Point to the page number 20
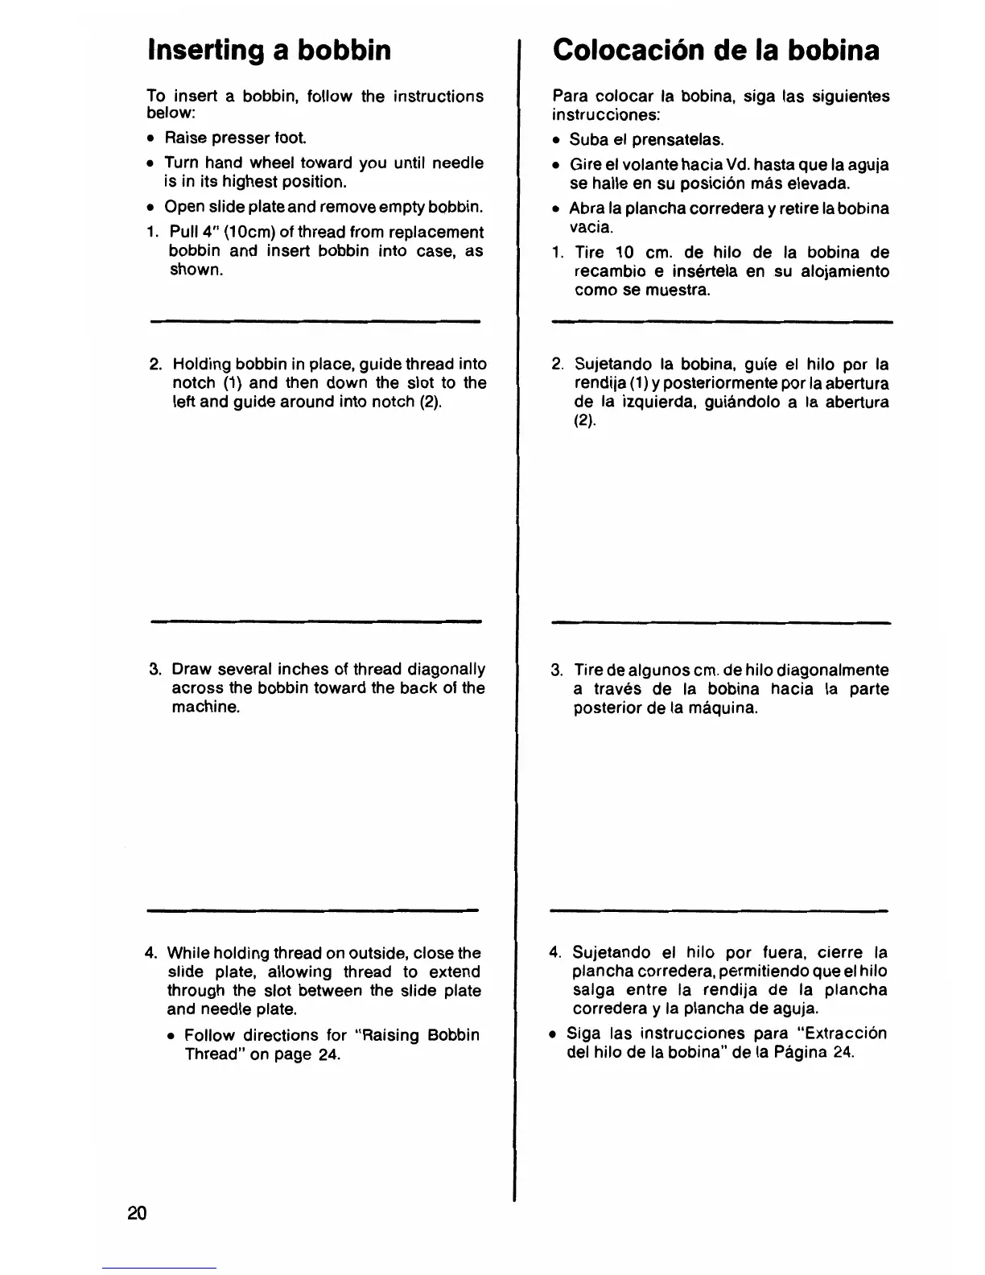click(137, 1214)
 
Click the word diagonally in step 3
click(447, 670)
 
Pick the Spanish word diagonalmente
click(837, 671)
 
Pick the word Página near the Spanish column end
click(796, 1053)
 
